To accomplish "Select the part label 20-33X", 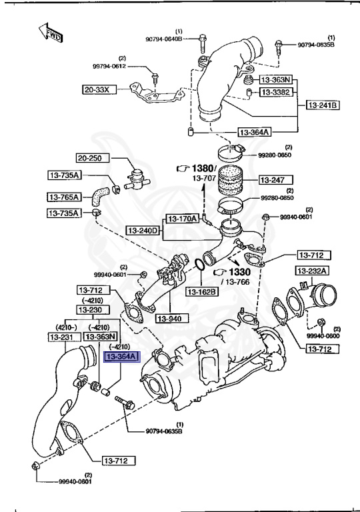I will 99,89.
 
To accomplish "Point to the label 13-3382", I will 275,91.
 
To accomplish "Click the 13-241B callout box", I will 323,105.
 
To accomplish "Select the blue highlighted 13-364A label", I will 120,357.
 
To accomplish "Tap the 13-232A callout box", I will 311,271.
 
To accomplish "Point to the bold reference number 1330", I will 241,273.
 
